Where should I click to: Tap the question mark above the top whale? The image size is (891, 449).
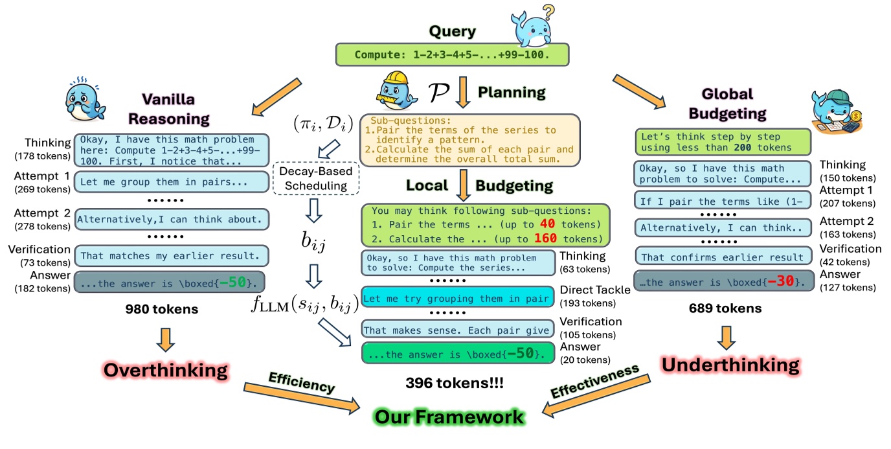point(548,11)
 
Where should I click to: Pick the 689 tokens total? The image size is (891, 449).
point(724,309)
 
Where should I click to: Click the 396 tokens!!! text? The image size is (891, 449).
point(455,383)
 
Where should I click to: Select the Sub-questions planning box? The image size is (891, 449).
point(471,139)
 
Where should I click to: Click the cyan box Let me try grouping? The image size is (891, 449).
point(458,299)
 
